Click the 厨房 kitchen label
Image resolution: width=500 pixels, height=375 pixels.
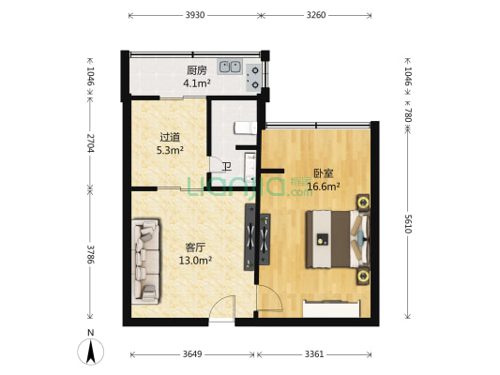196,70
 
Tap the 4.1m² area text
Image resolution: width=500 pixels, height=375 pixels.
196,83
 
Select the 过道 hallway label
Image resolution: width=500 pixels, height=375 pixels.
169,137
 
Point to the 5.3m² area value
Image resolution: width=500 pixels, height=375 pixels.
169,149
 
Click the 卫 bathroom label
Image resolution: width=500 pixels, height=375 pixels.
226,167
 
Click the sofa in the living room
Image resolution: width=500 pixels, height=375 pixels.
146,260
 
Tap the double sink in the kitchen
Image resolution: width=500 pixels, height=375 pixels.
231,67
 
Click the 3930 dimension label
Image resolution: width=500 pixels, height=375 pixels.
194,16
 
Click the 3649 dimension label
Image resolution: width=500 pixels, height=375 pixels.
191,354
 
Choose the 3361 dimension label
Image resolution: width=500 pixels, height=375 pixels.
315,354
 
